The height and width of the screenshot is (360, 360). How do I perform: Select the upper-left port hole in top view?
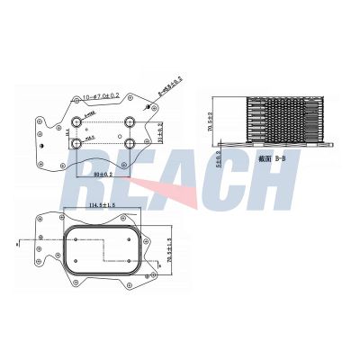78,121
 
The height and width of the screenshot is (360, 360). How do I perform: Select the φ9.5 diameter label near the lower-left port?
90,136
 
